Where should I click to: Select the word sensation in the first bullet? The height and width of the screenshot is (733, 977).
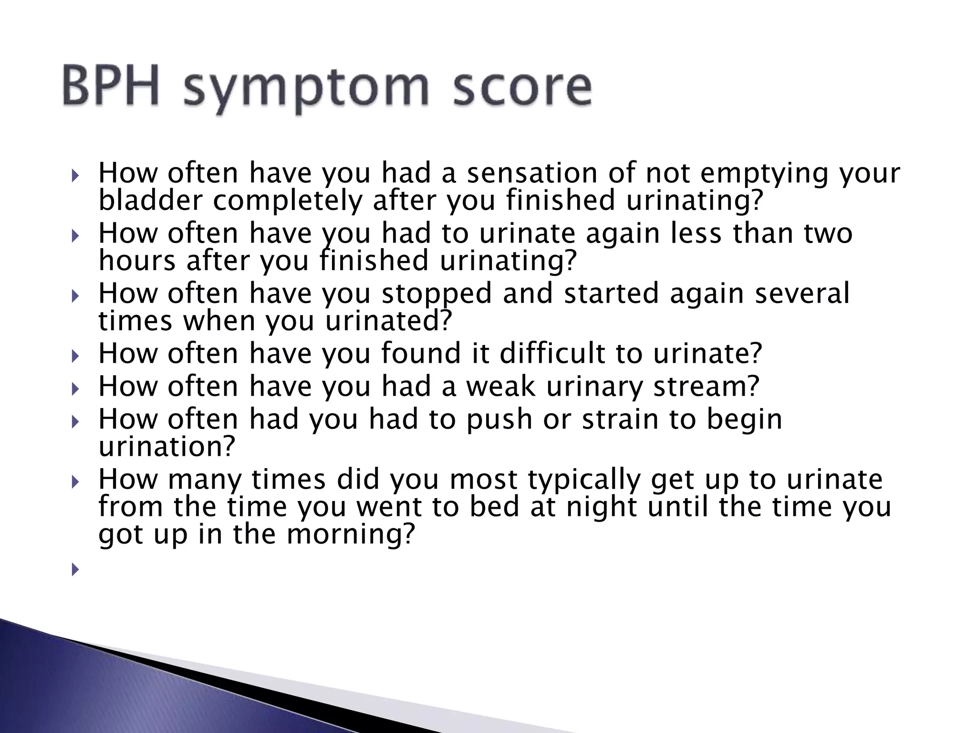(x=531, y=173)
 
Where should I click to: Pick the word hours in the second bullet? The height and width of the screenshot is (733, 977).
(x=137, y=261)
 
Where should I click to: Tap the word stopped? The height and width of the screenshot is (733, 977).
(x=436, y=293)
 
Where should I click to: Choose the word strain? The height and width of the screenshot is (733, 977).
(x=619, y=419)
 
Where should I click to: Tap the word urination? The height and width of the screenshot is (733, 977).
(x=167, y=446)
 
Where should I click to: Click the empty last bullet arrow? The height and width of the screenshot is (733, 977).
(x=75, y=569)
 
